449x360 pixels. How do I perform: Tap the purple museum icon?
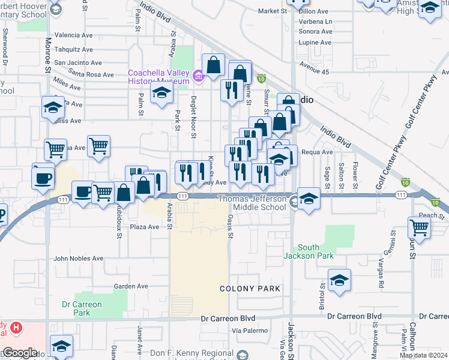tap(198, 77)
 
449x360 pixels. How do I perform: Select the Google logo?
tap(20, 352)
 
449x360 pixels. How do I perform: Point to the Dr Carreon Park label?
tap(82, 308)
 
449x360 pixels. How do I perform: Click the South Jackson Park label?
tap(309, 251)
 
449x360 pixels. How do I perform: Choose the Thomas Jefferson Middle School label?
tap(252, 203)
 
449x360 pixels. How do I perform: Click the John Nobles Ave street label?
tap(79, 259)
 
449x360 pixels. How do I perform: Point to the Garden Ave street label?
tap(131, 286)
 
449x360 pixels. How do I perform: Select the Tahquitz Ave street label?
tap(74, 50)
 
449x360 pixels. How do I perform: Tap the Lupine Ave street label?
tap(315, 43)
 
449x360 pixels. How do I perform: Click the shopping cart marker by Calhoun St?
tap(419, 227)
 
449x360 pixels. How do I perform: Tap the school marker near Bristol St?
tap(339, 280)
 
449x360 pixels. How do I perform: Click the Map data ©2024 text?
tap(423, 355)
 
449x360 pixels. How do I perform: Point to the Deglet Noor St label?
tap(193, 115)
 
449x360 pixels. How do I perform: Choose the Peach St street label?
tap(432, 214)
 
